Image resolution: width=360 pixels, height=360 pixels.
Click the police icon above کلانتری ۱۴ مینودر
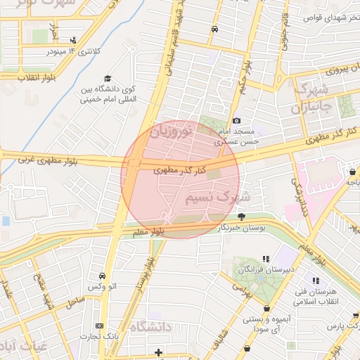(x=74, y=40)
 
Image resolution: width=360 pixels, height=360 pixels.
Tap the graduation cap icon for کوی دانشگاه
(x=108, y=78)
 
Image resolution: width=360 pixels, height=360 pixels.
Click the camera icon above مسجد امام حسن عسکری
(x=236, y=122)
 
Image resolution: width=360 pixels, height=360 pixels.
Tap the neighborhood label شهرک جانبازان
(x=309, y=99)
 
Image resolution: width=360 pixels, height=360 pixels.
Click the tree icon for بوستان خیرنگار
(x=242, y=217)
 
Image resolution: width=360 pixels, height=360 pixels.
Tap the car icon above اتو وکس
(x=103, y=275)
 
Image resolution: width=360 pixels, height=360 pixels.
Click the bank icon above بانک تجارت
(x=98, y=326)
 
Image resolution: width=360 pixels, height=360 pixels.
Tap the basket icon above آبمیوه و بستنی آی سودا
(x=266, y=308)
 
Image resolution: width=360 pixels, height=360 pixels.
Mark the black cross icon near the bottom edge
(x=158, y=352)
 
